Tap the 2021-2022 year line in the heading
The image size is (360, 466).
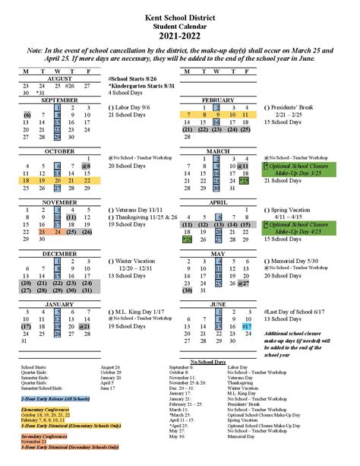coord(179,34)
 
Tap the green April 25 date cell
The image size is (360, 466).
coord(187,239)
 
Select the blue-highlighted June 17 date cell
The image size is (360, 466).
coord(245,326)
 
